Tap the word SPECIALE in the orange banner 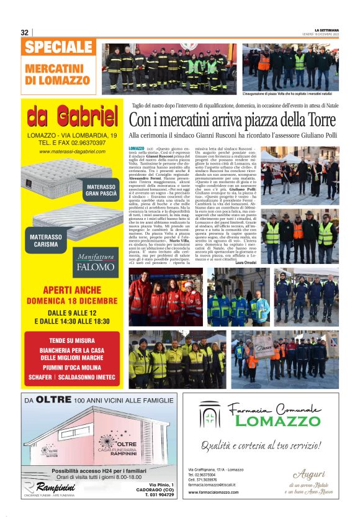coord(60,47)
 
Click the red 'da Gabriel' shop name coord(73,116)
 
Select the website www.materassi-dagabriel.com coord(71,152)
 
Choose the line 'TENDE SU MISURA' coord(72,340)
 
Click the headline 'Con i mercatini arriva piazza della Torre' coord(232,120)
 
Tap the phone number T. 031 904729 coord(158,495)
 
